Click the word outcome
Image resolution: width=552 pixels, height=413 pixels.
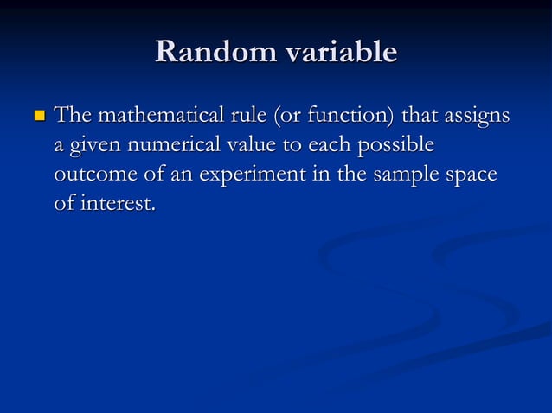tap(91, 175)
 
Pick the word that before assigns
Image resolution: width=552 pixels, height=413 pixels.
tap(415, 115)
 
